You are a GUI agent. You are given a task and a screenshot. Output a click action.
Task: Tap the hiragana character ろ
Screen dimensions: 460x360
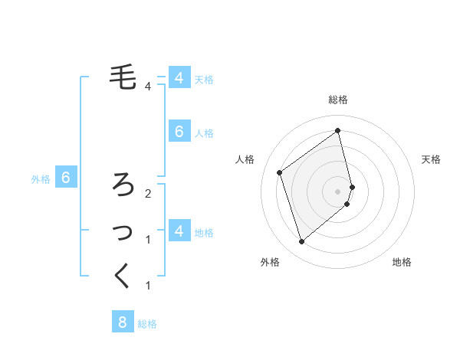pos(123,184)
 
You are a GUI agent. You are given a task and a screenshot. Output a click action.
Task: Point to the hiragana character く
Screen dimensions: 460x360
pos(123,275)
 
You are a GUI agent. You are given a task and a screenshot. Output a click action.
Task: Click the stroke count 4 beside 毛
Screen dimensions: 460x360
pos(147,86)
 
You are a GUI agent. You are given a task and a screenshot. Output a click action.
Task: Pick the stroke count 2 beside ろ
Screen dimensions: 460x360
pos(147,193)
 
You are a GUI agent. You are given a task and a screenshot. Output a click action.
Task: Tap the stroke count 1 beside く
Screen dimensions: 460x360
pos(147,286)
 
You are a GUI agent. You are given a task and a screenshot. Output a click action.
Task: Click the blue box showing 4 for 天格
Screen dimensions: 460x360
pos(179,78)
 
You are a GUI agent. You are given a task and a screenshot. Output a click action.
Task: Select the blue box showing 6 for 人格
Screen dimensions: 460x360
pos(179,132)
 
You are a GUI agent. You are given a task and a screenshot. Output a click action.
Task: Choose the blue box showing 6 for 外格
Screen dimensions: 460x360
pos(66,178)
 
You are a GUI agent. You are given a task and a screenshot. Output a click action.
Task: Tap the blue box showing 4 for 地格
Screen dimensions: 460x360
pos(179,231)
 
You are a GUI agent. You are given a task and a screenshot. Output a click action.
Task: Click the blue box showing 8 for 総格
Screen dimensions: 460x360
pos(123,322)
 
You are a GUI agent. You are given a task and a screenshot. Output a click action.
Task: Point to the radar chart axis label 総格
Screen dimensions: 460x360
pos(338,100)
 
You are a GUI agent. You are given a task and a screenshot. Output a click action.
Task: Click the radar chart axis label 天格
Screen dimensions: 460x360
pos(431,159)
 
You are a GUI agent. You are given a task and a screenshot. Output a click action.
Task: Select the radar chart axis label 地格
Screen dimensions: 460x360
pos(402,262)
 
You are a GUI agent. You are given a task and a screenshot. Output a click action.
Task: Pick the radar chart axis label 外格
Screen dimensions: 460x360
pos(270,262)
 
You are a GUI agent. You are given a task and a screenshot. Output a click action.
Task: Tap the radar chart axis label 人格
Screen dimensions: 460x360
pos(245,159)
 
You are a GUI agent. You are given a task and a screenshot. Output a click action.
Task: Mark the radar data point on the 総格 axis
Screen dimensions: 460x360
pos(338,131)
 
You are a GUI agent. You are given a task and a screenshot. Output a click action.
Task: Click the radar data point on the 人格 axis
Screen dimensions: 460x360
pos(280,172)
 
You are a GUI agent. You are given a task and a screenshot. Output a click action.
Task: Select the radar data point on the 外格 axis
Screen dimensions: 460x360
pos(301,242)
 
